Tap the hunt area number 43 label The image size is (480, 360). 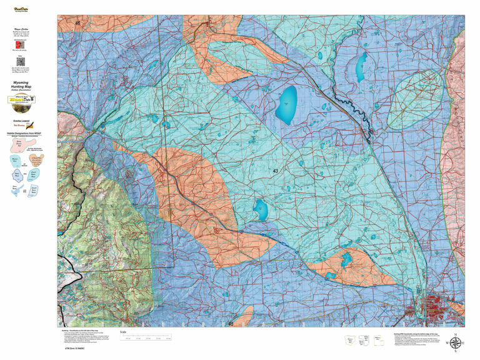point(276,171)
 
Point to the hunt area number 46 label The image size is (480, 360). point(78,23)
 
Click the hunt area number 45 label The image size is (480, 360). point(231,324)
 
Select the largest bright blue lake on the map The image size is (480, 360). point(286,105)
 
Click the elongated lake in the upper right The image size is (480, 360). point(361,67)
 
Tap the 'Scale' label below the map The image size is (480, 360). point(122,332)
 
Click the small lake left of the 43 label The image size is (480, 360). point(261,209)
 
